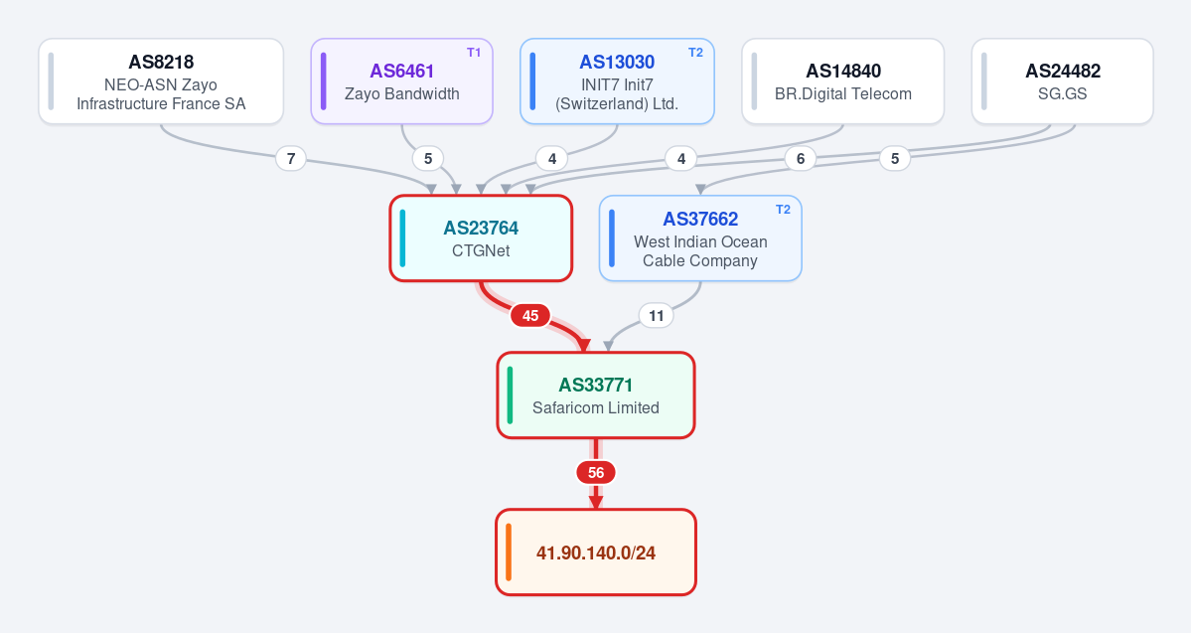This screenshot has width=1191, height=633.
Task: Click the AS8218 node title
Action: (x=161, y=62)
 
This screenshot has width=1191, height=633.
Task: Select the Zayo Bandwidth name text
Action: (x=402, y=94)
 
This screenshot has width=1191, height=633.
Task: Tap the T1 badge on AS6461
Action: (x=474, y=53)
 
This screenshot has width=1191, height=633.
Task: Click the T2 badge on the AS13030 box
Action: (x=695, y=53)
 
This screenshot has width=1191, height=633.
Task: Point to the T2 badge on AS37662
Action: (x=783, y=210)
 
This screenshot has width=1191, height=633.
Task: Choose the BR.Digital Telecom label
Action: (x=843, y=94)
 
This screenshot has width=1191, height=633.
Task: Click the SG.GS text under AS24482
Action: (x=1063, y=94)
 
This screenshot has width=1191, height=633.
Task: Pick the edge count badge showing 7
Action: (x=291, y=159)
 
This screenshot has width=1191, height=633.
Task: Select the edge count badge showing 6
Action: (x=800, y=159)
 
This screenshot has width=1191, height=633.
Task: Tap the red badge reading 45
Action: (x=530, y=315)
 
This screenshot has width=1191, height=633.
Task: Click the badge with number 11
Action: (x=657, y=315)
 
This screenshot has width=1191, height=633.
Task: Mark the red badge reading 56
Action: (x=596, y=473)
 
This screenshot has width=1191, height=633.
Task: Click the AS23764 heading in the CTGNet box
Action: (x=481, y=228)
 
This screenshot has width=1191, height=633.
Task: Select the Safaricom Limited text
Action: (x=596, y=408)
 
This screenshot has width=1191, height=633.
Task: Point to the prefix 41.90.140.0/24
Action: (x=596, y=554)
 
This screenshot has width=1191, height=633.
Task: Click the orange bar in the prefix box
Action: (x=509, y=553)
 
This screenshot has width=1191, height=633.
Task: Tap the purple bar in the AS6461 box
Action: (x=324, y=81)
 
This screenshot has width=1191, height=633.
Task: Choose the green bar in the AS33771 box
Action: (x=510, y=396)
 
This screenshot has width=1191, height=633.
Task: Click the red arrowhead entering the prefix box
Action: (x=596, y=503)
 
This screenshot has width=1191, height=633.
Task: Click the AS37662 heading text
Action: (x=700, y=219)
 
